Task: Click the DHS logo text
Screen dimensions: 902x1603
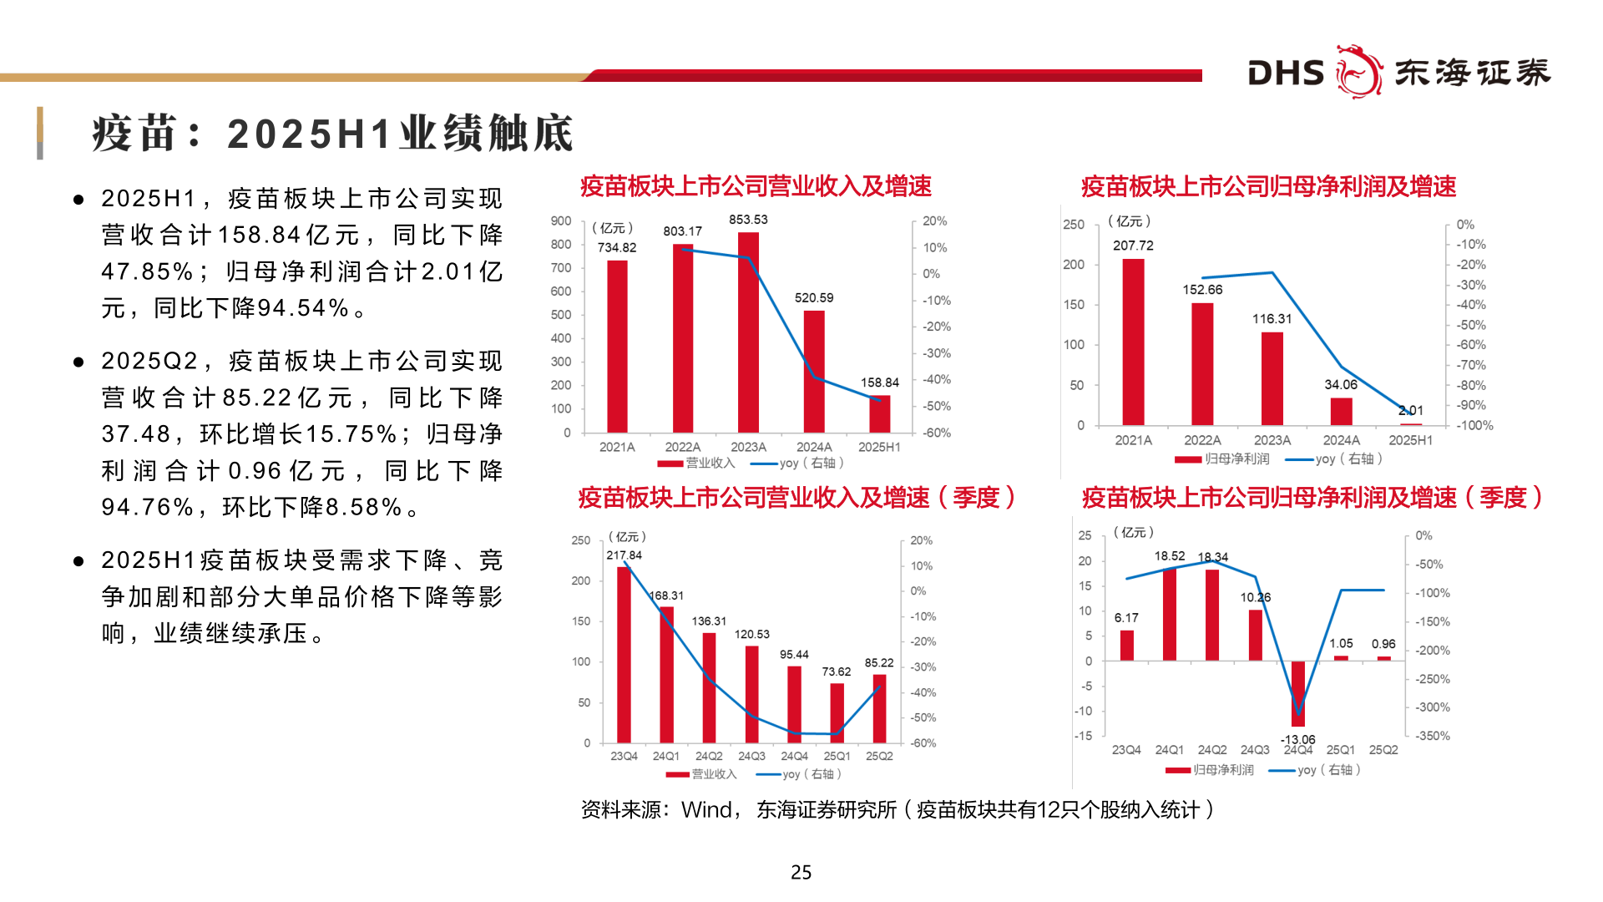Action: [x=1286, y=73]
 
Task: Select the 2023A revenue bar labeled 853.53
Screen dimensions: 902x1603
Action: [x=748, y=334]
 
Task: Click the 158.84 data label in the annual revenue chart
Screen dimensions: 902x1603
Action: [x=880, y=383]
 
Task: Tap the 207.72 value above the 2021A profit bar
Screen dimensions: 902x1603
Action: [x=1133, y=246]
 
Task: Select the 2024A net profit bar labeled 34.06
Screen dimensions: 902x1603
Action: [x=1341, y=412]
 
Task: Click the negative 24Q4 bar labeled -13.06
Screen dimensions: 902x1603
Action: [x=1297, y=693]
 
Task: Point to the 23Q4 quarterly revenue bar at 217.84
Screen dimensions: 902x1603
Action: [x=624, y=655]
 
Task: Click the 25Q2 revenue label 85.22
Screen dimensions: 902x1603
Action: [x=879, y=662]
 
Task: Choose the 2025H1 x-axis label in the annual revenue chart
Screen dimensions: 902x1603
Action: [x=879, y=447]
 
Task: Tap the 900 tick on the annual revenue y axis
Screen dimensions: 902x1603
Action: [x=561, y=221]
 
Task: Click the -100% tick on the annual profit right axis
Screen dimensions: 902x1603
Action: [x=1474, y=425]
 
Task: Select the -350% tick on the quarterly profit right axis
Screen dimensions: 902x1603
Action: [x=1432, y=736]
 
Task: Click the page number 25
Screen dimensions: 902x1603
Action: [x=801, y=872]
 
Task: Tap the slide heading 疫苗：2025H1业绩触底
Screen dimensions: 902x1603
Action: [x=332, y=134]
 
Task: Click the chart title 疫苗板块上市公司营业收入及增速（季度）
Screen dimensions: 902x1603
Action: [x=796, y=498]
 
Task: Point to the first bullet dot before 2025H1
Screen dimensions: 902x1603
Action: [x=78, y=200]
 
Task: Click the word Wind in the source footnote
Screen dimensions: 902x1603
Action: [x=706, y=809]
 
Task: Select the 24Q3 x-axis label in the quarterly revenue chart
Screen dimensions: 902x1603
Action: [x=751, y=756]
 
